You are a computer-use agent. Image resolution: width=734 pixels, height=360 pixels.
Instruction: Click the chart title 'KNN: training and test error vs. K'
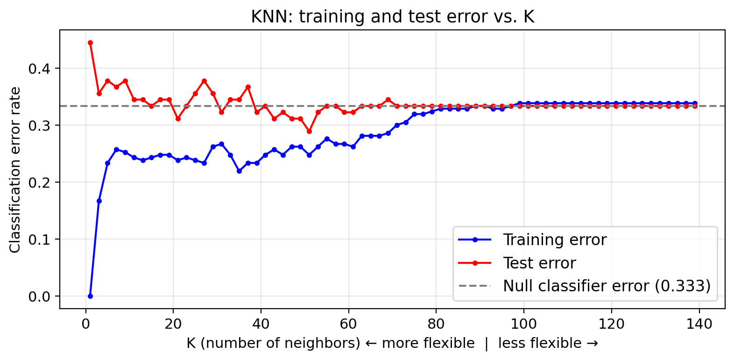[x=392, y=17]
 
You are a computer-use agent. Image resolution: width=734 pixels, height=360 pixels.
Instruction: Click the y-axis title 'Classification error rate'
[x=15, y=169]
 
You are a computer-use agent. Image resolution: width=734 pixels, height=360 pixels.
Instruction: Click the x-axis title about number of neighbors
[x=392, y=343]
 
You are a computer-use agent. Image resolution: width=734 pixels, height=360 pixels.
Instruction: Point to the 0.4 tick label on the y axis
[x=38, y=69]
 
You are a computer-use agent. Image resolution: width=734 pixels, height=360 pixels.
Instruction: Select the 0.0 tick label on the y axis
[x=38, y=296]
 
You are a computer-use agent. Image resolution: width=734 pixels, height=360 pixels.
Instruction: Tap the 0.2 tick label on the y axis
[x=38, y=183]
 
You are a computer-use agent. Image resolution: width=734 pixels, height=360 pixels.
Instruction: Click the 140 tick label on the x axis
[x=699, y=323]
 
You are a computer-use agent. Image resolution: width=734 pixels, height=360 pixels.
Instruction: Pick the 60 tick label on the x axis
[x=348, y=323]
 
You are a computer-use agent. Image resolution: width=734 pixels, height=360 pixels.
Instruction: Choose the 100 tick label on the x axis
[x=524, y=323]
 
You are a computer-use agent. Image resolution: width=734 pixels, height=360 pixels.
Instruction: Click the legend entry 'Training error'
[x=554, y=240]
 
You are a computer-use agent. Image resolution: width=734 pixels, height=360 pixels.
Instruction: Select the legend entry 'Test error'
[x=539, y=263]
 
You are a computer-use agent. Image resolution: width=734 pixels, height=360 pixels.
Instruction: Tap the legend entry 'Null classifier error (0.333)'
[x=606, y=286]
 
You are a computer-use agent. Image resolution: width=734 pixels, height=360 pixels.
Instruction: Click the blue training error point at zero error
[x=90, y=296]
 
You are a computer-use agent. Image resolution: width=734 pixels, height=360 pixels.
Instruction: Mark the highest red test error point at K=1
[x=90, y=42]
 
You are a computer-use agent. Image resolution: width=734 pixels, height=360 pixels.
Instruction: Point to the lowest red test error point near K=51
[x=309, y=131]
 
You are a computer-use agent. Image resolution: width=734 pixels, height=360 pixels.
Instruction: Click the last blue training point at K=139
[x=695, y=103]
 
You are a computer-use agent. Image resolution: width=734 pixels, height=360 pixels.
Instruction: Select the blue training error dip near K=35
[x=239, y=171]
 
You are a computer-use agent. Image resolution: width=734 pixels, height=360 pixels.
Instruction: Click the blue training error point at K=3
[x=99, y=201]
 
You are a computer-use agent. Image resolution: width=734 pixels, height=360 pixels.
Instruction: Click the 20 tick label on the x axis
[x=173, y=323]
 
